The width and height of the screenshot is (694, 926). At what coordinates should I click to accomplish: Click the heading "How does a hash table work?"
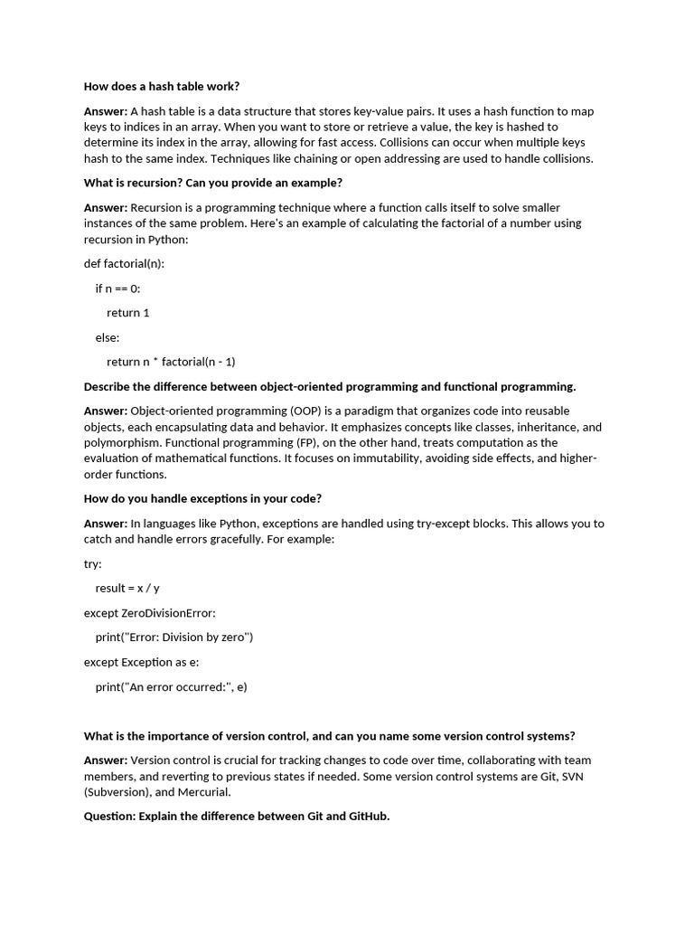pos(162,87)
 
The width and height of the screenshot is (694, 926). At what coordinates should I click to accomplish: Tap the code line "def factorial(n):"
pos(124,264)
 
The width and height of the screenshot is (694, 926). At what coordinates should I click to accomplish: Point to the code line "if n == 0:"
pos(118,288)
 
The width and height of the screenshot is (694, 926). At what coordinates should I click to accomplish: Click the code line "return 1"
pos(128,313)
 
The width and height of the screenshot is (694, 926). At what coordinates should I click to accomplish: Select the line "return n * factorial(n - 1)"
pos(171,362)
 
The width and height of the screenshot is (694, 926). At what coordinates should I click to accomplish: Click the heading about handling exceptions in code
pos(202,498)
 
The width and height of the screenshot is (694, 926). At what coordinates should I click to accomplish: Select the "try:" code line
pos(93,563)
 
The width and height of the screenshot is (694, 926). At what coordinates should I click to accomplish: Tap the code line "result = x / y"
pos(127,588)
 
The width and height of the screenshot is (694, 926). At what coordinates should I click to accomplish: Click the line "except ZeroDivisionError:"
pos(150,612)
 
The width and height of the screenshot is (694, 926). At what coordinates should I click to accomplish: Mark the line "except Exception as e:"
pos(142,662)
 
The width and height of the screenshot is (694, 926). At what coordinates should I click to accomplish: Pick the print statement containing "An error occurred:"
pos(172,686)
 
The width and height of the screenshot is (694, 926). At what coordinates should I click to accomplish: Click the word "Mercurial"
pos(204,792)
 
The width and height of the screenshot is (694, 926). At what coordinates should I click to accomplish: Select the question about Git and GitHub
pos(237,817)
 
